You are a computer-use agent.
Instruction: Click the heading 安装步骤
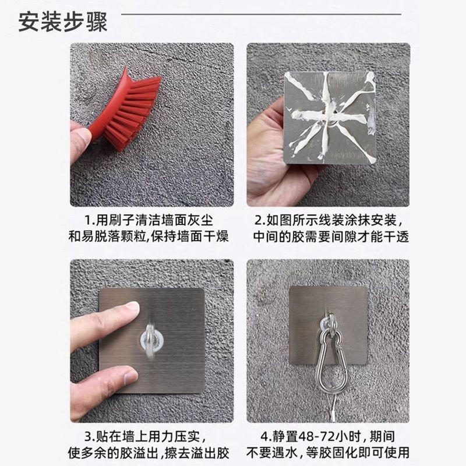pos(63,22)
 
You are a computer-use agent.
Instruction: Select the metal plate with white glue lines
pos(330,118)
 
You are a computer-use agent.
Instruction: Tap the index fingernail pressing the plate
pos(132,307)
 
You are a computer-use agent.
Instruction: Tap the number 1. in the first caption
pos(90,221)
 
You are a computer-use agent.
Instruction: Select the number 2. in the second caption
pos(260,221)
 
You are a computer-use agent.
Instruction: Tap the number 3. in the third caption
pos(90,437)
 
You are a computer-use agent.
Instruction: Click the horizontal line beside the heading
pos(261,14)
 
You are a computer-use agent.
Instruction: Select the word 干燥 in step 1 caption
pos(216,237)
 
